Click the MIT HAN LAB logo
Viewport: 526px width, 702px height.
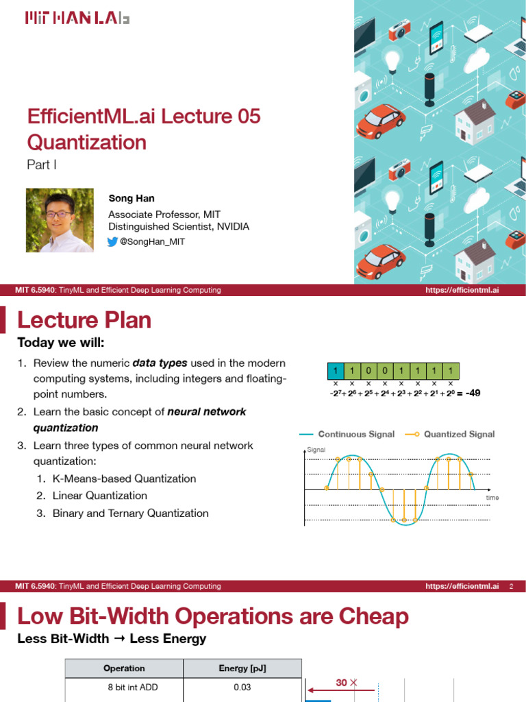click(77, 19)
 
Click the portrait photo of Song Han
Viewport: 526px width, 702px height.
click(60, 220)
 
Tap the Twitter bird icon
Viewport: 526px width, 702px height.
click(113, 242)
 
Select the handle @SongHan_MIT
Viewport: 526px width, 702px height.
click(152, 242)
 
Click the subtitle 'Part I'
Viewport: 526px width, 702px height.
click(41, 165)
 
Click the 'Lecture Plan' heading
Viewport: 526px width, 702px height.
click(84, 320)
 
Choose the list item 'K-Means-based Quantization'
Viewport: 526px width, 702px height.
click(124, 479)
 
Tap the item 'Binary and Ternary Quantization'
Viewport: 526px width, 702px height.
click(130, 513)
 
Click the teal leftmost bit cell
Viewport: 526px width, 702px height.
click(335, 372)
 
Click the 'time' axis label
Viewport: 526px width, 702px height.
click(492, 497)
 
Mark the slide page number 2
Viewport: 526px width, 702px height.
click(511, 587)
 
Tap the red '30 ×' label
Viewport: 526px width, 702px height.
click(346, 683)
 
